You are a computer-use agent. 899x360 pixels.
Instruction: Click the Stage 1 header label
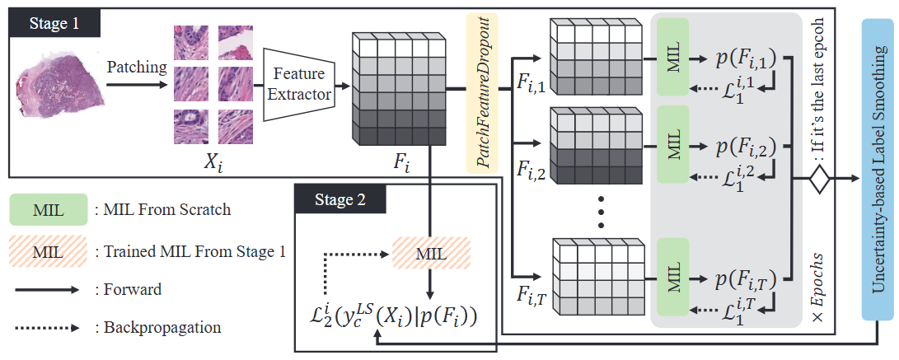pos(54,25)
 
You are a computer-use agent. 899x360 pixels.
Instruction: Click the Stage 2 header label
pos(339,199)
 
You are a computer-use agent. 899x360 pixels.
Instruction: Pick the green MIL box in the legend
pos(48,208)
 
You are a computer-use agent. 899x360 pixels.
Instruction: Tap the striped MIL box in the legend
pos(48,251)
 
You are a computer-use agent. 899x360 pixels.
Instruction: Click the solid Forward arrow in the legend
pos(47,290)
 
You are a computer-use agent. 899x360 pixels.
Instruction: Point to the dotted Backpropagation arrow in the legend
pos(47,329)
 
